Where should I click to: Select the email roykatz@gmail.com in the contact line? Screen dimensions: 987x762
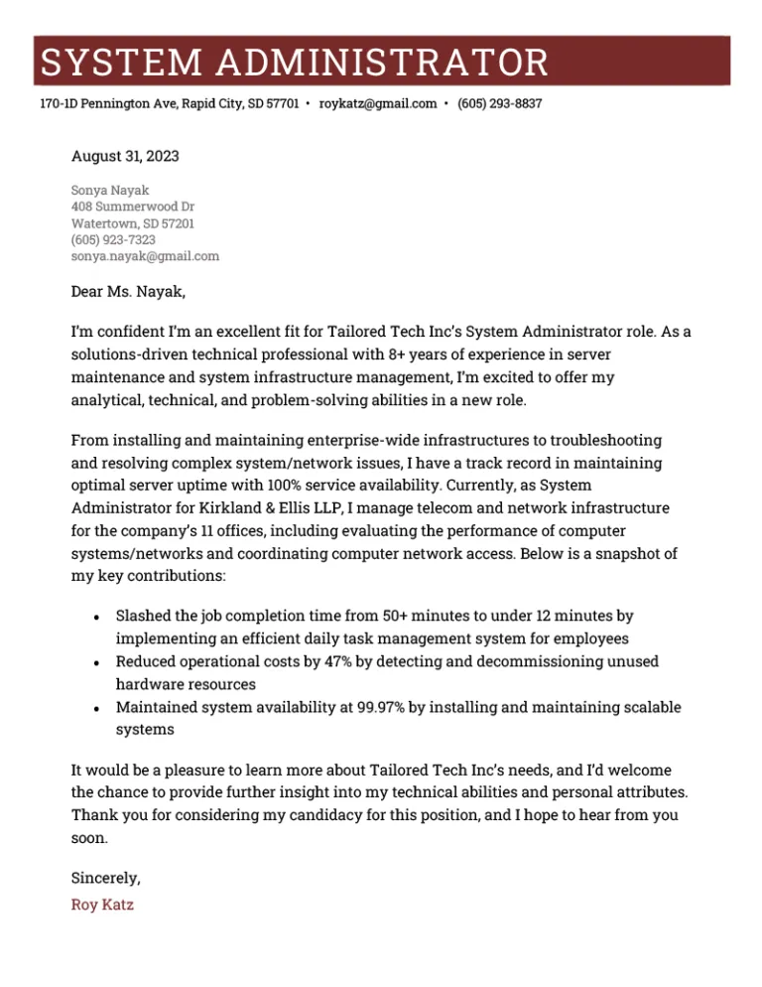tap(378, 103)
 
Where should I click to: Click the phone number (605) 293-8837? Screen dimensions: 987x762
tap(499, 103)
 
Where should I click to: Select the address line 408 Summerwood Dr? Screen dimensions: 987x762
tap(133, 206)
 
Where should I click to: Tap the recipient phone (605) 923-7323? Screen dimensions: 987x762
tap(113, 239)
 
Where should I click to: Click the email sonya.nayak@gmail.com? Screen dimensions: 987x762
tap(145, 256)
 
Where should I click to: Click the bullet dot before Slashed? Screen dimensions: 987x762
tap(94, 618)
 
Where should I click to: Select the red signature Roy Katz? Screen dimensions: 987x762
tap(102, 905)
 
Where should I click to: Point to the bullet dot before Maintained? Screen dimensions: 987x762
tap(94, 709)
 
